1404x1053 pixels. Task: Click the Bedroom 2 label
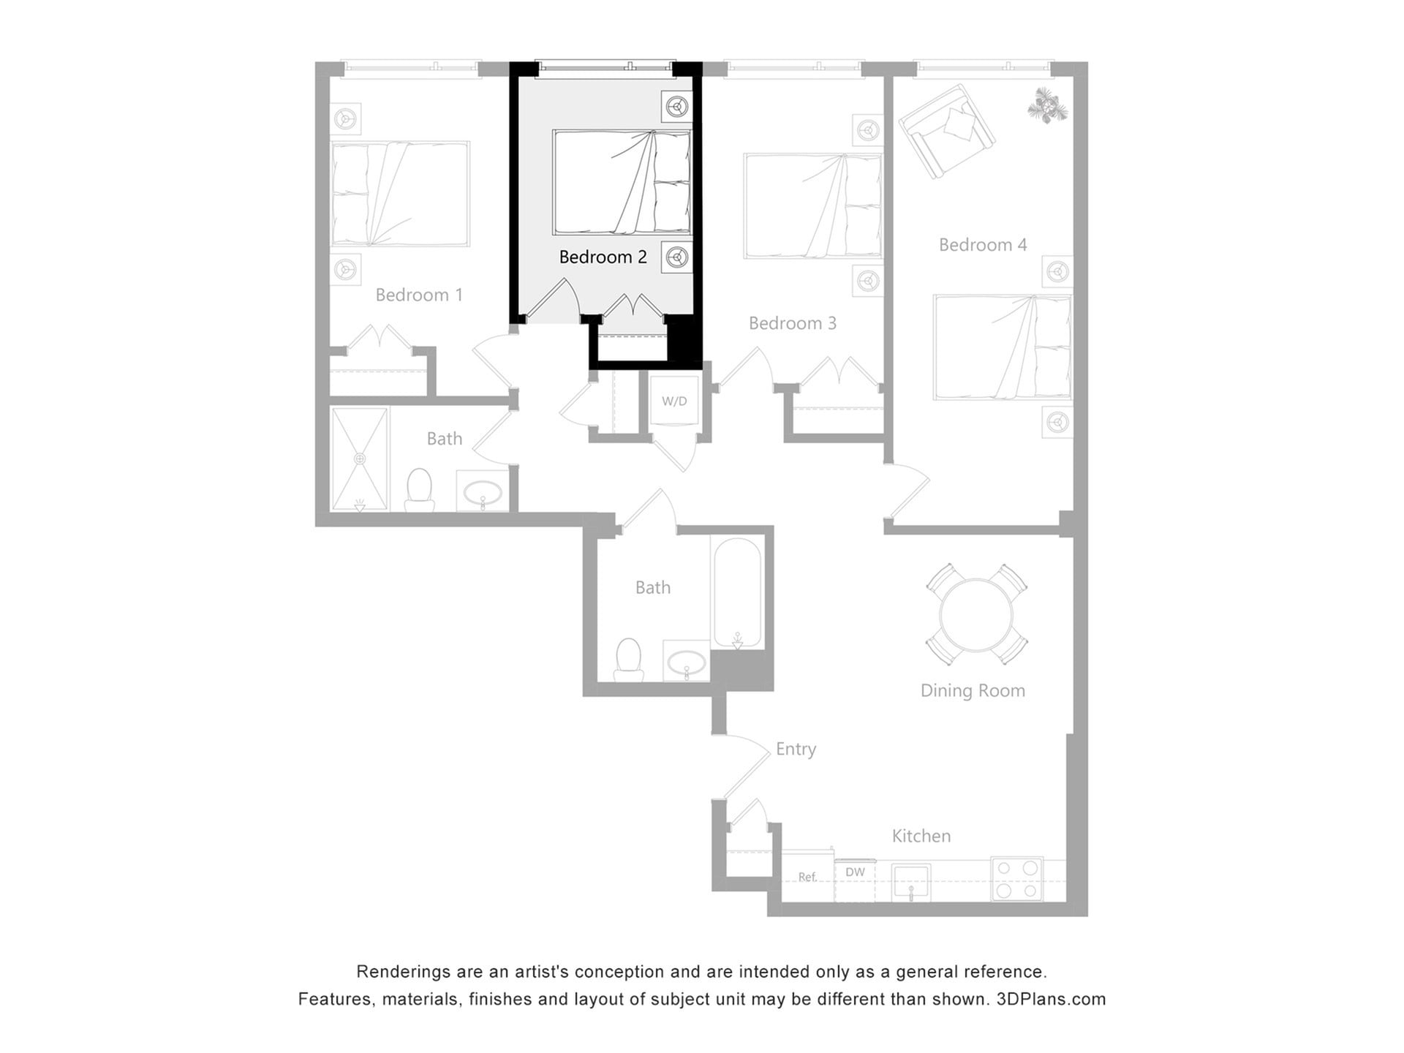coord(603,257)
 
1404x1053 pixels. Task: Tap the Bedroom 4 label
coord(982,245)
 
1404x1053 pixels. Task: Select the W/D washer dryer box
coord(674,401)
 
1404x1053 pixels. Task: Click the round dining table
coord(976,614)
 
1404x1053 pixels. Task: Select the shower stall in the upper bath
coord(359,458)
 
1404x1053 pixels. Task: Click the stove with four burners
coord(1017,879)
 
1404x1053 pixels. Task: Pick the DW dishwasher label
coord(855,872)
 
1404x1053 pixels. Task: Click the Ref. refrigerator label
coord(807,877)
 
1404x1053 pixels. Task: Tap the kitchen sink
coord(911,882)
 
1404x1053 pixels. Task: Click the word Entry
coord(796,749)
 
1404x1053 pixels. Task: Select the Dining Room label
coord(972,690)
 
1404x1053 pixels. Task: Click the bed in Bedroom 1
coord(399,194)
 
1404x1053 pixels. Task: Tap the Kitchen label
coord(921,836)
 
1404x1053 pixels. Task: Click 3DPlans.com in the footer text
coord(1051,999)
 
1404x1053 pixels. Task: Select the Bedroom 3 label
coord(792,323)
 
